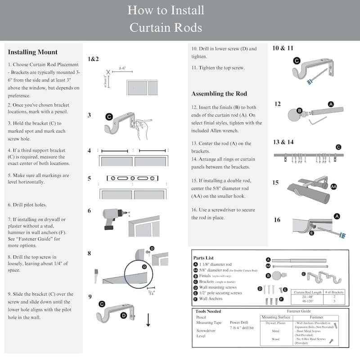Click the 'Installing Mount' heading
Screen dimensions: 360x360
[33, 52]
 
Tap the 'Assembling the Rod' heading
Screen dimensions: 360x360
[219, 94]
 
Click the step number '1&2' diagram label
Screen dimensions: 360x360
[93, 58]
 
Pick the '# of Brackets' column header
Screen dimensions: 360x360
[334, 292]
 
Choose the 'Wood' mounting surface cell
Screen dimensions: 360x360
[276, 339]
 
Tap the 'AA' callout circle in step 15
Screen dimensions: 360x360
[333, 186]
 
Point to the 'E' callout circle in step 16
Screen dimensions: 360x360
[311, 234]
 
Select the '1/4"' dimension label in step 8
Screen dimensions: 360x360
[151, 293]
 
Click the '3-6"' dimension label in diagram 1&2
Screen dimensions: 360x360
[122, 68]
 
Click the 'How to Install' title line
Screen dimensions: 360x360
[166, 10]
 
